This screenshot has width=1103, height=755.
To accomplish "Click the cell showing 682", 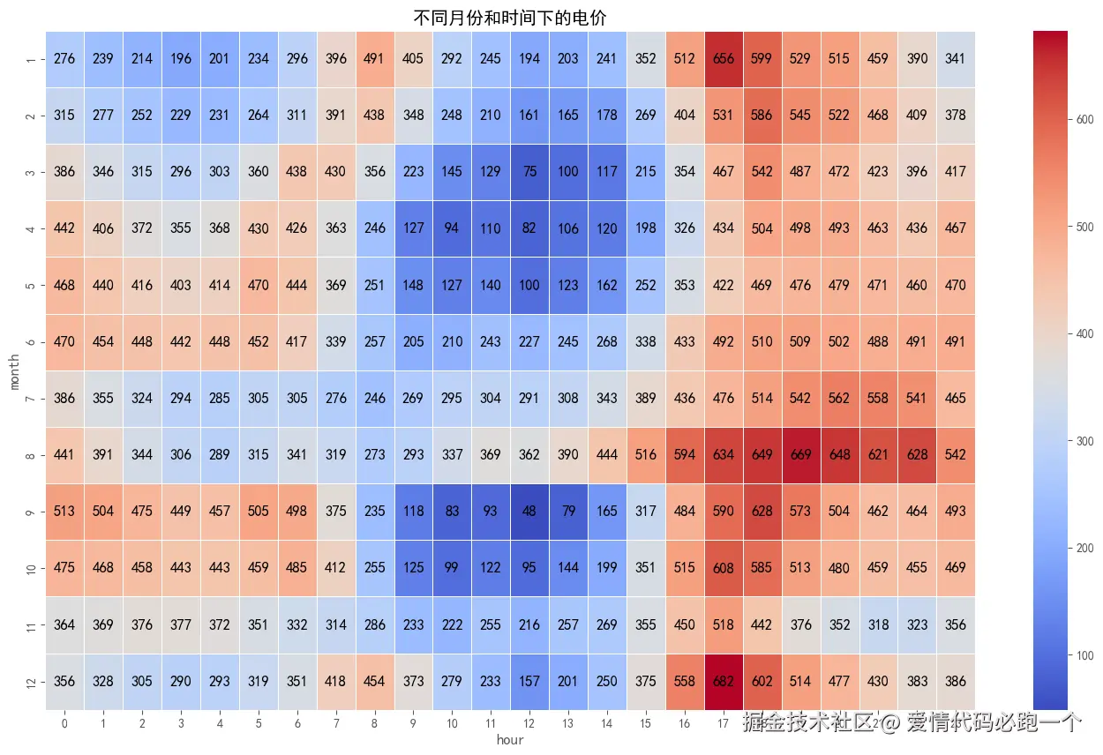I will [724, 682].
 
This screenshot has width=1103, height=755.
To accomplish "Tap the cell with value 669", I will [800, 455].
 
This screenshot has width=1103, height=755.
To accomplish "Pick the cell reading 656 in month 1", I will [724, 59].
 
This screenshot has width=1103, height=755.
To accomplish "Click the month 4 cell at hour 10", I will [452, 228].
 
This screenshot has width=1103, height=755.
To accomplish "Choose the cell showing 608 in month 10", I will [724, 568].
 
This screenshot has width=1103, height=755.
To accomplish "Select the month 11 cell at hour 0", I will [64, 624].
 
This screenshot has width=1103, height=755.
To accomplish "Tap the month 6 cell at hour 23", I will [956, 342].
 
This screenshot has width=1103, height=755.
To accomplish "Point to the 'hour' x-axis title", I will [510, 740].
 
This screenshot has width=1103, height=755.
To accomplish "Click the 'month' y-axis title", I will [15, 370].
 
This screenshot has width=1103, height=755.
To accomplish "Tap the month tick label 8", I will [32, 455].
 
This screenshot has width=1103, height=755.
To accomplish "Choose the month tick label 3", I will [32, 172].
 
